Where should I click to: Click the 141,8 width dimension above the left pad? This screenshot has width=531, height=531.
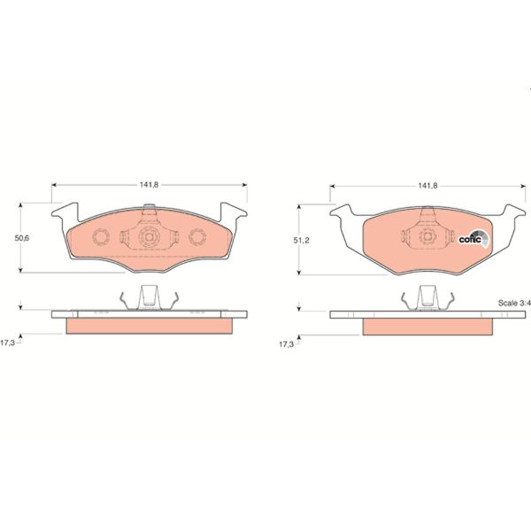pos(148,186)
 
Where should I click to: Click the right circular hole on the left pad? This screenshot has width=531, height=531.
pos(196,237)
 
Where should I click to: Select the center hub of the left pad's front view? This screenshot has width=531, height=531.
pos(148,237)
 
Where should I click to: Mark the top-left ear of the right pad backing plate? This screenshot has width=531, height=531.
pos(341,212)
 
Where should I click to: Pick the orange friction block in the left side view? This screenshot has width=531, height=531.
pos(148,325)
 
